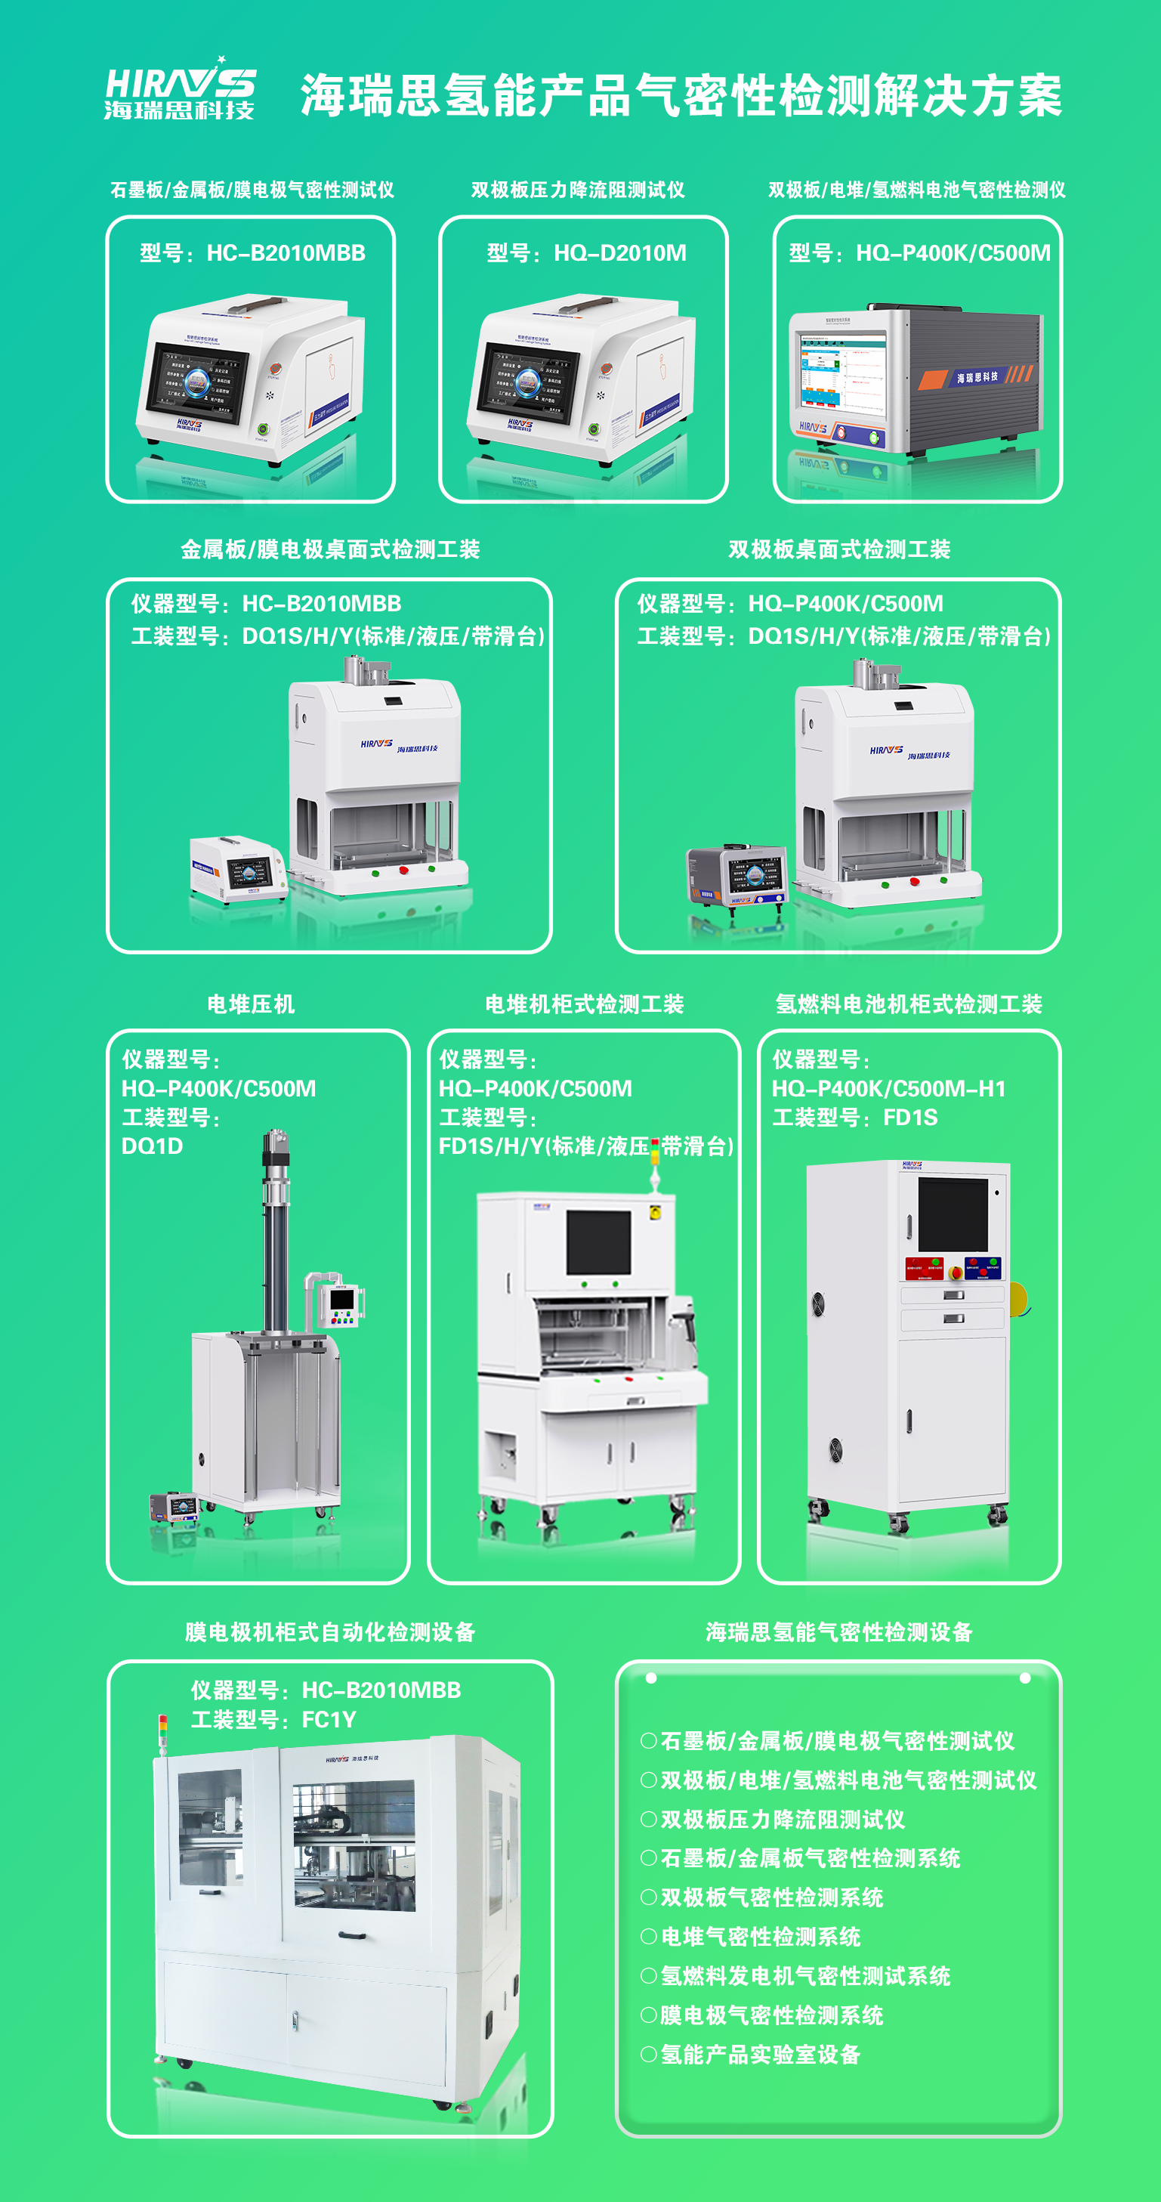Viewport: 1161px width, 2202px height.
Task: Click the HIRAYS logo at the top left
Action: point(180,89)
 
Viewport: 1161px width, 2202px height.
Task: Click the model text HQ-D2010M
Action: point(619,253)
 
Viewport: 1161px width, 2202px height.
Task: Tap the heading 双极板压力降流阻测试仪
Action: point(578,190)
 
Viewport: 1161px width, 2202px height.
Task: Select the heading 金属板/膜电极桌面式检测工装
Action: point(330,549)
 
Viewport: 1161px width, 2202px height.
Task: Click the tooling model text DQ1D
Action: point(152,1146)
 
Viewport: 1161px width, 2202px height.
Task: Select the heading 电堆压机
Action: point(250,1004)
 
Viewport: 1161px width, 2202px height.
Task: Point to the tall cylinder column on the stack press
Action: point(275,1231)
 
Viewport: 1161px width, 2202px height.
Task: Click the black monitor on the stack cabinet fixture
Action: point(598,1242)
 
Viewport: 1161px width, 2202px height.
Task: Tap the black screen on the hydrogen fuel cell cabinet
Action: point(952,1214)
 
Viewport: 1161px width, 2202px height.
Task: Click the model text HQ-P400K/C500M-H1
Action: point(888,1088)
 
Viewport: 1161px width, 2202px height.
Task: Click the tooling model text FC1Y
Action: point(329,1719)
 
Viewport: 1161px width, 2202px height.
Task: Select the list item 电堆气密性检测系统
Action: point(761,1936)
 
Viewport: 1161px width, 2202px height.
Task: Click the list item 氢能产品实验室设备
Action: point(761,2054)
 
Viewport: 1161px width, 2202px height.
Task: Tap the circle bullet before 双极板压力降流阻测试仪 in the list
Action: point(648,1818)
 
